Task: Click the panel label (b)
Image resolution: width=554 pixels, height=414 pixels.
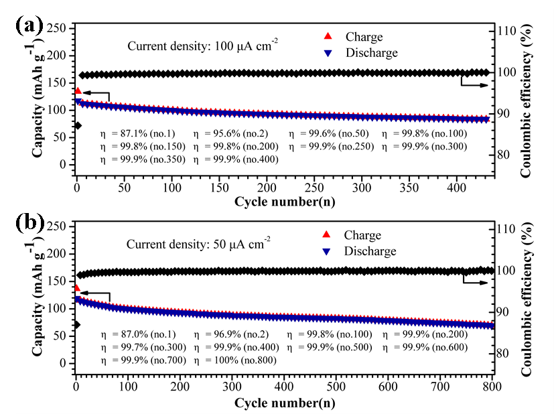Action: point(29,222)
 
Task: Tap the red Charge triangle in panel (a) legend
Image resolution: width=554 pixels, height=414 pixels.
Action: point(328,37)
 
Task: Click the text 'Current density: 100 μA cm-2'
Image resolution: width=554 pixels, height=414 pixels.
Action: point(203,46)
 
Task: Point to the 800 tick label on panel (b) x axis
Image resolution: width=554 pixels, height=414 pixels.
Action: point(492,388)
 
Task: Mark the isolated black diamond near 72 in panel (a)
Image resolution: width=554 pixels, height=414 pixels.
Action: point(78,125)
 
